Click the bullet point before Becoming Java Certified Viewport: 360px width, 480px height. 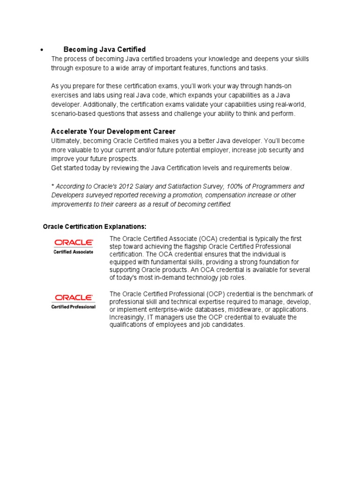pyautogui.click(x=42, y=50)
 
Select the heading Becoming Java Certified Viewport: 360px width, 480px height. pyautogui.click(x=105, y=49)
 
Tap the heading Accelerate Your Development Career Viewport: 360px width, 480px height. pyautogui.click(x=113, y=131)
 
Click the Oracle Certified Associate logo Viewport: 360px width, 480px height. pyautogui.click(x=74, y=246)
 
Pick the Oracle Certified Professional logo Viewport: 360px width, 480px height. pyautogui.click(x=74, y=301)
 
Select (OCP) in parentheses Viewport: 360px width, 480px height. pyautogui.click(x=205, y=294)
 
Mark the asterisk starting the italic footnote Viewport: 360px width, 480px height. pyautogui.click(x=52, y=186)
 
